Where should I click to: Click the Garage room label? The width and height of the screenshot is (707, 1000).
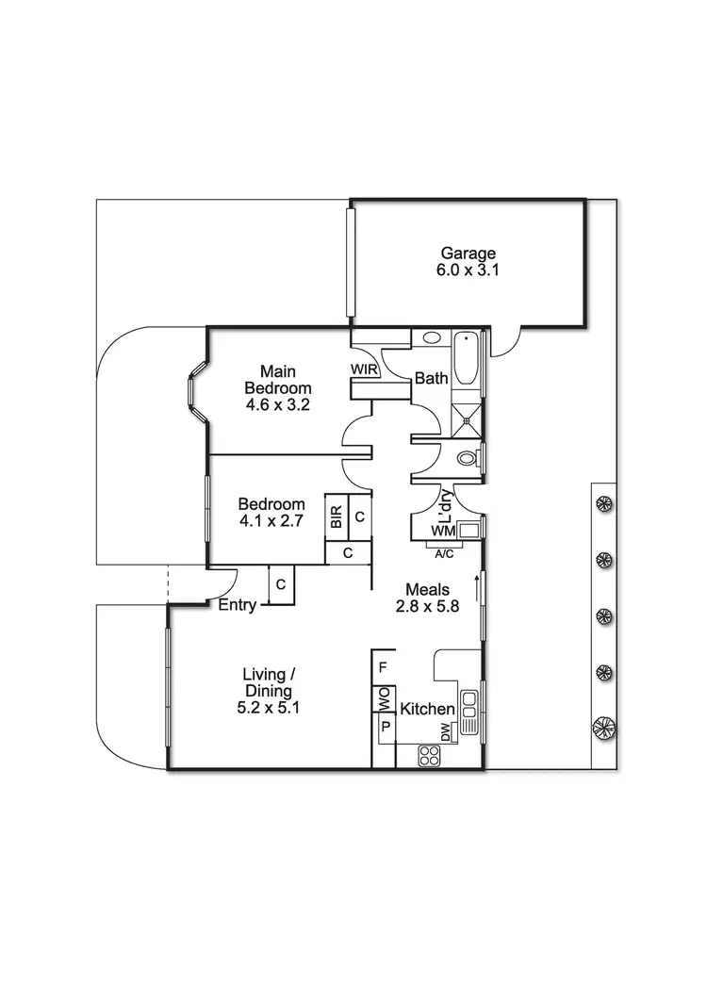(468, 253)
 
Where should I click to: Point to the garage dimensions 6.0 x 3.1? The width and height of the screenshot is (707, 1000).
(468, 269)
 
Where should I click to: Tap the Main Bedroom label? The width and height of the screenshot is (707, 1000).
(278, 379)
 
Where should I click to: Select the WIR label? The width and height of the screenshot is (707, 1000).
(365, 369)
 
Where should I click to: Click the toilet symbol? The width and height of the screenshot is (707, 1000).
(469, 459)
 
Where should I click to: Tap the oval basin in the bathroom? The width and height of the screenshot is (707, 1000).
(432, 337)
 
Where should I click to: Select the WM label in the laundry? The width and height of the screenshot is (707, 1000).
(443, 533)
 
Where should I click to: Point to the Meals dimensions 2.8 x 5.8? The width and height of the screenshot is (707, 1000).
(427, 607)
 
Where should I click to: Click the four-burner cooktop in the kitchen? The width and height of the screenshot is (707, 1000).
(431, 755)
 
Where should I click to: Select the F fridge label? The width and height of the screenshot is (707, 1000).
(382, 667)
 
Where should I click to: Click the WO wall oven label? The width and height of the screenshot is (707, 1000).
(384, 699)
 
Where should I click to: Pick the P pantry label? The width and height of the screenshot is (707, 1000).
(384, 727)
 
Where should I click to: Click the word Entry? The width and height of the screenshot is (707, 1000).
(237, 605)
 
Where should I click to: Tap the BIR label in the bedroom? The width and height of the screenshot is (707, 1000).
(336, 516)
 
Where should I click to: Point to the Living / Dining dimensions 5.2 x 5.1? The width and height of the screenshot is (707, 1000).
(270, 707)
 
